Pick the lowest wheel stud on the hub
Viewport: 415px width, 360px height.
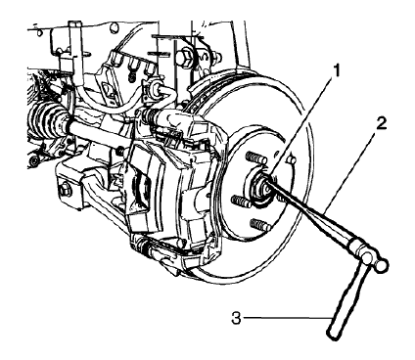tap(257, 225)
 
